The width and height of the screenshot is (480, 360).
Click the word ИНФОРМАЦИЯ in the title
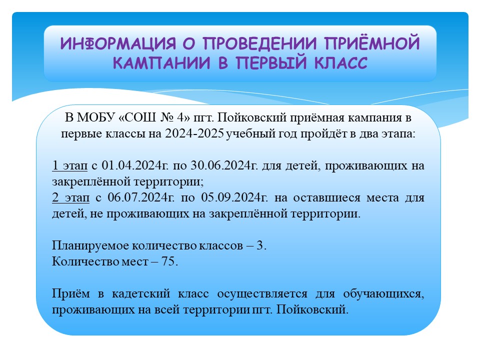[118, 43]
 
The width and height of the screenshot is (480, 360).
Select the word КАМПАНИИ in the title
[161, 63]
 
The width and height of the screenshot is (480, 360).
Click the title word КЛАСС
[340, 63]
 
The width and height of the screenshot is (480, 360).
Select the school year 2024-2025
[194, 134]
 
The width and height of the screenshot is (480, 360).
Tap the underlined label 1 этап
[70, 165]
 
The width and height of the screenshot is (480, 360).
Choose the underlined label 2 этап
[70, 197]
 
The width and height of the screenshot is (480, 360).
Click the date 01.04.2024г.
[135, 165]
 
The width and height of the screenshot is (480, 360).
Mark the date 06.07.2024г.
[141, 197]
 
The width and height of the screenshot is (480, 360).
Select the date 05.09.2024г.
[234, 197]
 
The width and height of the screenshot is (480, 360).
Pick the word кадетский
[141, 293]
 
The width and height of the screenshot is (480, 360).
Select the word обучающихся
[384, 294]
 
